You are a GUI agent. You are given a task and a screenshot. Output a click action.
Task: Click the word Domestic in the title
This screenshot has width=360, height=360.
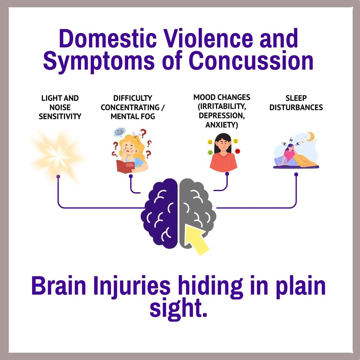[108, 39]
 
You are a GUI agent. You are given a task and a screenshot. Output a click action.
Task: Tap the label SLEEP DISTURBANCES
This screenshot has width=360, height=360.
[296, 103]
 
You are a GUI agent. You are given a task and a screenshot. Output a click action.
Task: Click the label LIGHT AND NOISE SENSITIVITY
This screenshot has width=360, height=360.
[60, 107]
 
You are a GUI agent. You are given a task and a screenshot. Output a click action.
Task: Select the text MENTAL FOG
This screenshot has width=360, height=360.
[133, 116]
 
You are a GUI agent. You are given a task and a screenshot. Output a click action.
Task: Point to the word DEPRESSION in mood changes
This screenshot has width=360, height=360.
[221, 115]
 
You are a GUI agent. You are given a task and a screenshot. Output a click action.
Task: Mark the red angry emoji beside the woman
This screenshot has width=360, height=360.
[238, 151]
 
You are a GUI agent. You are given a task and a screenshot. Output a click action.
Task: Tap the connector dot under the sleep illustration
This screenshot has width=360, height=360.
[296, 174]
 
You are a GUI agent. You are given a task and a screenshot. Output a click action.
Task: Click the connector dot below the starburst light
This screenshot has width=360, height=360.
[58, 176]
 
